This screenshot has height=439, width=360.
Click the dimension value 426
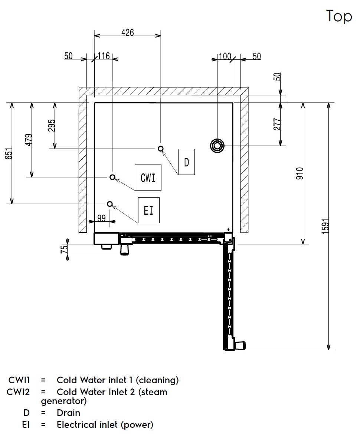pyautogui.click(x=127, y=32)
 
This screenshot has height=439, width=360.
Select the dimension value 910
pyautogui.click(x=300, y=173)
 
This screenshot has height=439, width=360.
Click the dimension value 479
pyautogui.click(x=29, y=140)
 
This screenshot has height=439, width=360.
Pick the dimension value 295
pyautogui.click(x=52, y=126)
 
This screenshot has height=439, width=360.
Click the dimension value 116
pyautogui.click(x=104, y=56)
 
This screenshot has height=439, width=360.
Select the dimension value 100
pyautogui.click(x=225, y=56)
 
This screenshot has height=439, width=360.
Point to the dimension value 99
pyautogui.click(x=101, y=218)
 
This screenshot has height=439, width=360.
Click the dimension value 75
pyautogui.click(x=64, y=249)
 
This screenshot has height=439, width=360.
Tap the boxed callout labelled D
pyautogui.click(x=186, y=162)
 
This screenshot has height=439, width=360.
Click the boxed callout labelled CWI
pyautogui.click(x=148, y=178)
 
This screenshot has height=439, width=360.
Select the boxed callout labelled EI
pyautogui.click(x=148, y=211)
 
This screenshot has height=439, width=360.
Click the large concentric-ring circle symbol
pyautogui.click(x=217, y=146)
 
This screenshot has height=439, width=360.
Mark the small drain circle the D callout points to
pyautogui.click(x=161, y=149)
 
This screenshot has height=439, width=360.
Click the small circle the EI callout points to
pyautogui.click(x=109, y=204)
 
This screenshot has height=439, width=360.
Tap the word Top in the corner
pyautogui.click(x=339, y=16)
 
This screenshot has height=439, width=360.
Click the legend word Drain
pyautogui.click(x=68, y=413)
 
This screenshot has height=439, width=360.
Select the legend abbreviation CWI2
pyautogui.click(x=18, y=392)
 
